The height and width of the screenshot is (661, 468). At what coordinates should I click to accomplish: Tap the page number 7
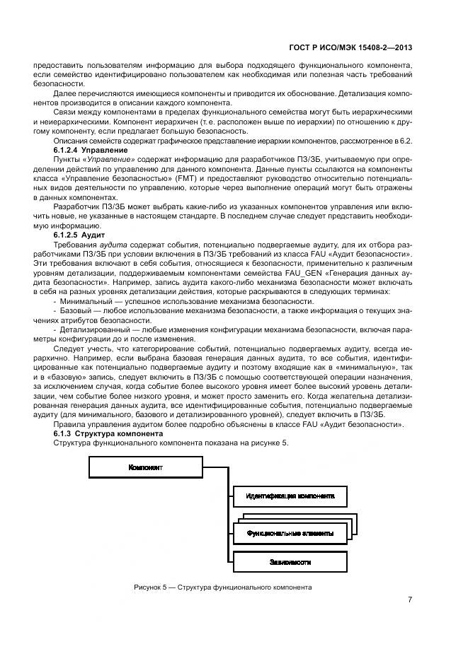410,600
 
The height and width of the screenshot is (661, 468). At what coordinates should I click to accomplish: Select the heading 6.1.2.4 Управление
90,151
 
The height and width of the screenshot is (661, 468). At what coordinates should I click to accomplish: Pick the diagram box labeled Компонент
146,468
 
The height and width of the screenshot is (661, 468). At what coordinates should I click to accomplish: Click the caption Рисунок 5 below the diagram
222,587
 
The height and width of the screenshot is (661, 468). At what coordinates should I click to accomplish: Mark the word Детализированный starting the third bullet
94,329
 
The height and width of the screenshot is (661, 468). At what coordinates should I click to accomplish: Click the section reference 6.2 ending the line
406,141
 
